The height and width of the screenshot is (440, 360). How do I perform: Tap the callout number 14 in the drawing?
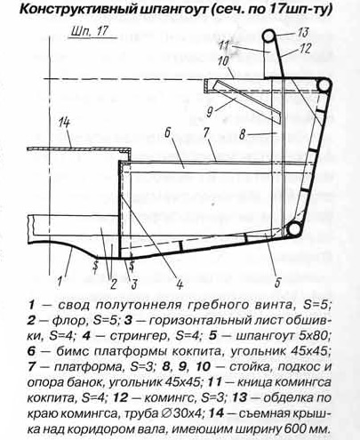click(x=65, y=123)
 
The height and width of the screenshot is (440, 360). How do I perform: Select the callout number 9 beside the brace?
click(x=210, y=112)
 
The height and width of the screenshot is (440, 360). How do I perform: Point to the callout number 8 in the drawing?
click(x=242, y=135)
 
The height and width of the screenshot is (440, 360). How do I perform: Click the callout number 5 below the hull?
click(x=277, y=282)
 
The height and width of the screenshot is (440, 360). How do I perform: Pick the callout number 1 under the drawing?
click(x=60, y=281)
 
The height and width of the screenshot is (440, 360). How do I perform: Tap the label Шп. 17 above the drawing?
click(x=89, y=32)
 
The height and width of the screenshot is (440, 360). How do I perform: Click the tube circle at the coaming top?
click(x=269, y=37)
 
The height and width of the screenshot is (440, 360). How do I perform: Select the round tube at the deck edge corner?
click(x=324, y=85)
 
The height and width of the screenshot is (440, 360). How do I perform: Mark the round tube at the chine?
click(x=293, y=229)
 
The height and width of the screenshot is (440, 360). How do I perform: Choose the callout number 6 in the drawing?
click(x=167, y=133)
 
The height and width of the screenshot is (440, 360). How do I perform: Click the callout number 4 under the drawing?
click(x=179, y=284)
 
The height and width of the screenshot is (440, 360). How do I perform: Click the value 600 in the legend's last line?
click(x=295, y=429)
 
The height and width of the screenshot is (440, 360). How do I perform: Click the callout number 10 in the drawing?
click(x=222, y=61)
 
